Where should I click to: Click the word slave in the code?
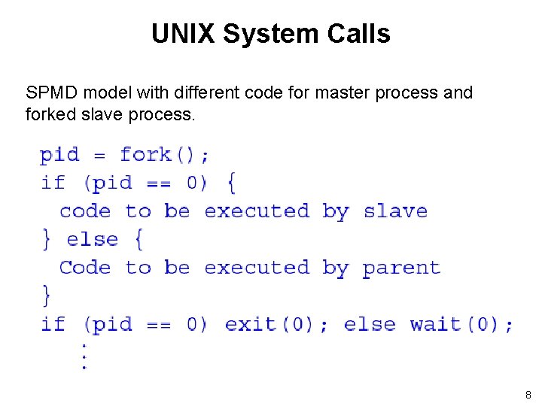coord(395,211)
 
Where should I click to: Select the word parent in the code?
coord(401,268)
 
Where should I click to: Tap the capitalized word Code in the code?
coord(85,268)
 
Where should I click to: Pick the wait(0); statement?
coord(461,324)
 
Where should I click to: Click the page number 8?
coord(528,395)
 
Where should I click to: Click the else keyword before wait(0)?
coord(369,324)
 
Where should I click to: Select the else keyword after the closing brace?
coord(93,240)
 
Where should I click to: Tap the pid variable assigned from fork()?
coord(59,155)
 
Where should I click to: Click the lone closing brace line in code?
coord(47,295)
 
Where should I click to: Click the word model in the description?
coord(104,93)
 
